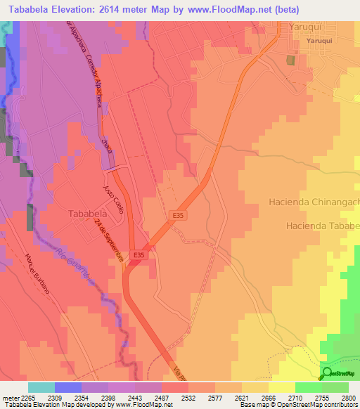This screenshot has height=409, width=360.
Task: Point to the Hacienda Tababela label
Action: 323,226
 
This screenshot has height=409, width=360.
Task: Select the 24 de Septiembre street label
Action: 110,240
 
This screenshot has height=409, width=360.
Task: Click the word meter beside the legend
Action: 9,398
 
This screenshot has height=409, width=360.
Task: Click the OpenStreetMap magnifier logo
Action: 327,372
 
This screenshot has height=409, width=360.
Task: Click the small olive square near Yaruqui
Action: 290,60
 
